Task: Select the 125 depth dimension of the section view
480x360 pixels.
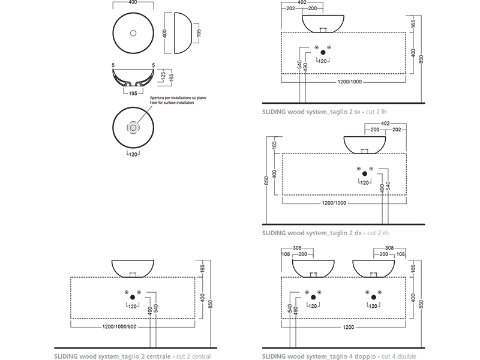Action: (x=163, y=75)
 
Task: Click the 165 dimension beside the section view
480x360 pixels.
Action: (x=172, y=77)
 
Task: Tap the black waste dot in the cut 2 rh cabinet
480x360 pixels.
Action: (x=364, y=174)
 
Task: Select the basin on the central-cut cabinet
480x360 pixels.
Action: (x=133, y=268)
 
